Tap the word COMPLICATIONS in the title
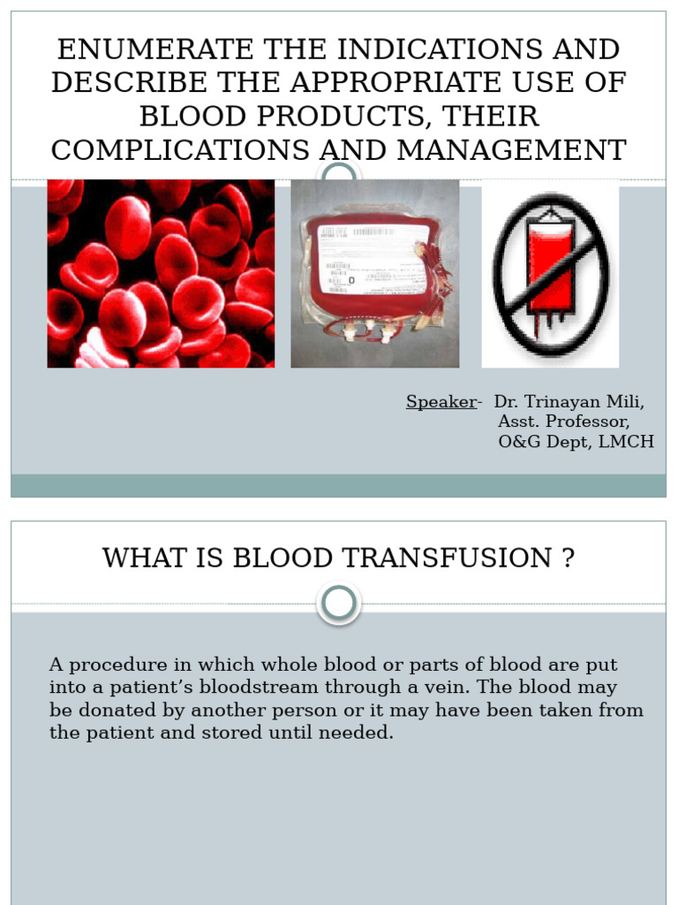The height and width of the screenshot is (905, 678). click(x=177, y=150)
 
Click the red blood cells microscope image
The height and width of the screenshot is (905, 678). click(x=161, y=273)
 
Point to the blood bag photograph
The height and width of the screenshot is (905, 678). click(x=374, y=273)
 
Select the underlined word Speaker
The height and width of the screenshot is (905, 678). click(x=441, y=402)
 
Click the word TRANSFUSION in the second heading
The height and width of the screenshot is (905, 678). click(x=394, y=559)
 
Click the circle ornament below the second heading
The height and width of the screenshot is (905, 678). click(x=339, y=604)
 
